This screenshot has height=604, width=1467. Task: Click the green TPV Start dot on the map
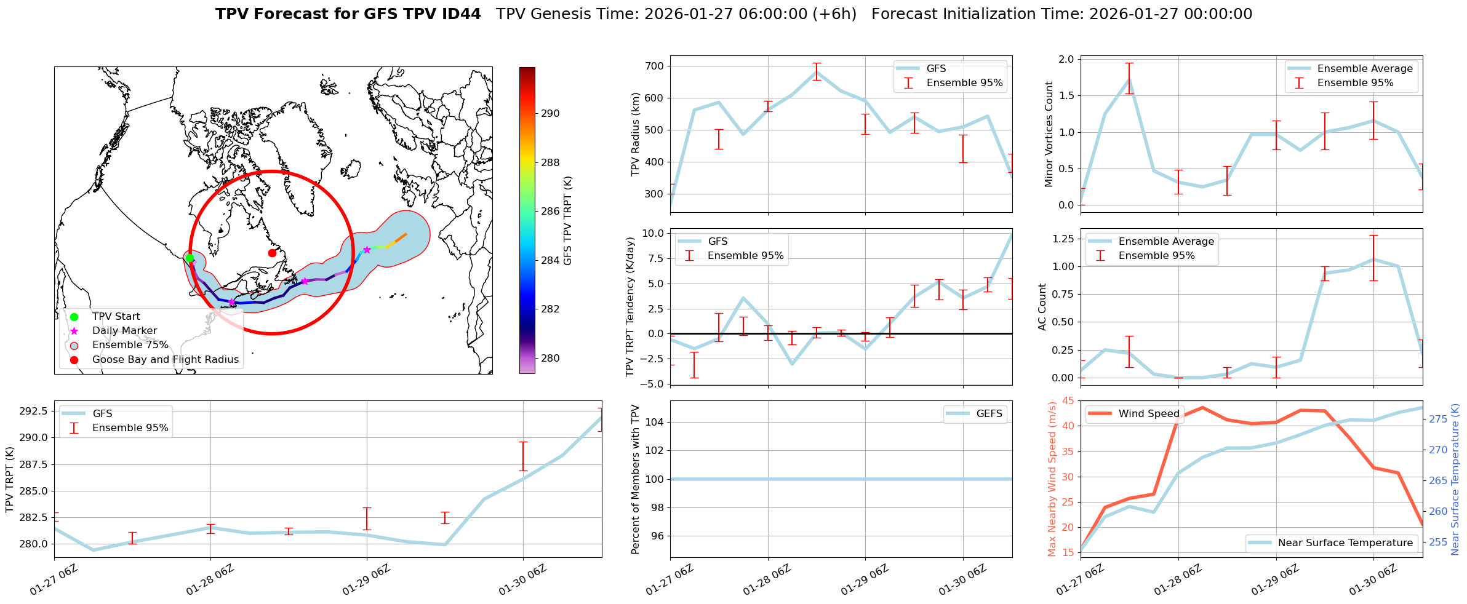coord(190,258)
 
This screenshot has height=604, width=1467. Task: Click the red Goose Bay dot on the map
coord(272,253)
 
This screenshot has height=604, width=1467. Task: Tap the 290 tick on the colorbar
coord(550,113)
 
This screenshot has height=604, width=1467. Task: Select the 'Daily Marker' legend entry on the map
coord(124,331)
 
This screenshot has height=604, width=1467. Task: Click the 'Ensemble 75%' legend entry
coord(130,345)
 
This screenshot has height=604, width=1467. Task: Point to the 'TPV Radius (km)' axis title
coord(636,134)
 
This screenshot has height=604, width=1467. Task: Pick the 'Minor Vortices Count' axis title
coord(1049,134)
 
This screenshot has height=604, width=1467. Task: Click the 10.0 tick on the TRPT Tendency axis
coord(652,233)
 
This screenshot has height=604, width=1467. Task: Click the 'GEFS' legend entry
coord(989,414)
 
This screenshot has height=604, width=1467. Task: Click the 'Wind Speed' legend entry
coord(1148,414)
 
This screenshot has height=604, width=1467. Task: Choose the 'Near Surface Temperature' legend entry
coord(1345,543)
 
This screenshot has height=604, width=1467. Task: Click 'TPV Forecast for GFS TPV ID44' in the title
coord(348,14)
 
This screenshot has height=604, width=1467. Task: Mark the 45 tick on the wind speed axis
coord(1068,401)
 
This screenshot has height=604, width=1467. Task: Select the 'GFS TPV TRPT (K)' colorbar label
coord(567,221)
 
